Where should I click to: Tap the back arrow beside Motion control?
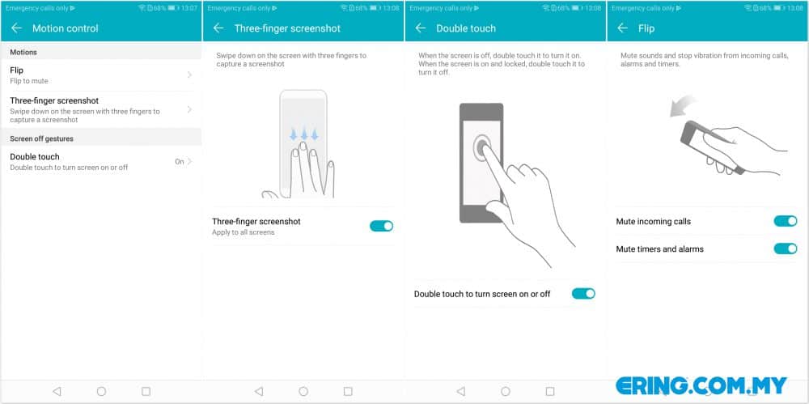pos(16,28)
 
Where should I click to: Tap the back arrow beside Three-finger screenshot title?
pos(218,28)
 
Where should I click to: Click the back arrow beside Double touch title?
pos(421,28)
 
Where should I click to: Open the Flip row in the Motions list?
pos(100,75)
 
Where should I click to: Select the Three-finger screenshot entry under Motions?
pos(100,109)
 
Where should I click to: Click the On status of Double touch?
pos(180,162)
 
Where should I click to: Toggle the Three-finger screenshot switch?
pos(381,226)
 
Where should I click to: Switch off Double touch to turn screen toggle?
pos(583,293)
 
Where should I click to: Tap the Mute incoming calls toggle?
pos(786,221)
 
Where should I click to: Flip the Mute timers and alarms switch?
pos(786,249)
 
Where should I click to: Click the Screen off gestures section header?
pos(42,139)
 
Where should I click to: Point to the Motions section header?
pos(23,52)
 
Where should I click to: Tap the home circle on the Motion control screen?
pos(101,392)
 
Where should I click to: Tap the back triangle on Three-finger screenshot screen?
pos(259,392)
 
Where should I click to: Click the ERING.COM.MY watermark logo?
pos(701,385)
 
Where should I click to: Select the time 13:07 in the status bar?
pos(188,8)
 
